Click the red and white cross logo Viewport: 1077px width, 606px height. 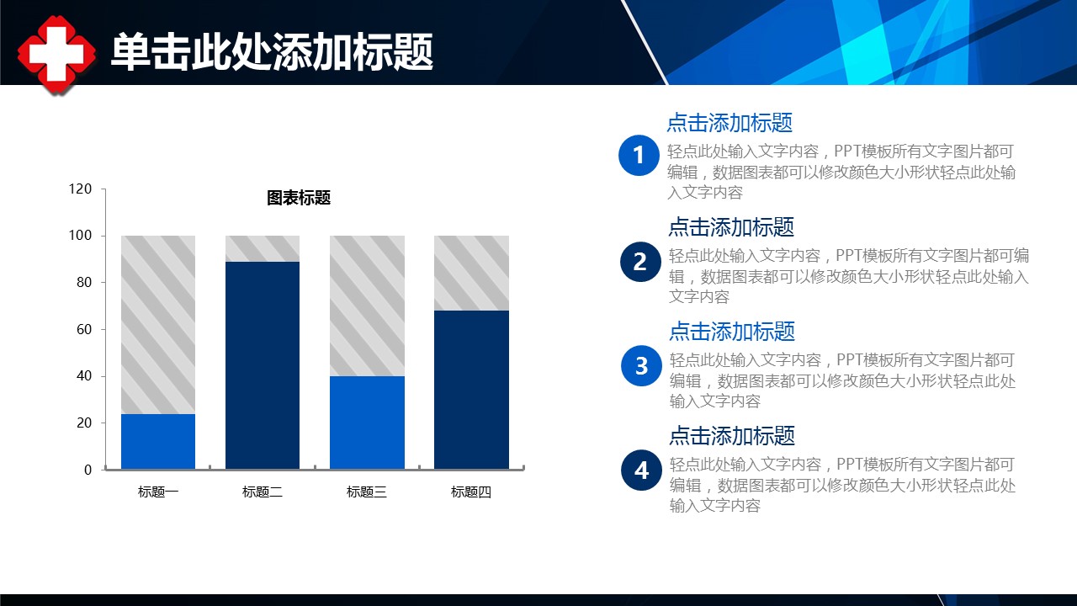tap(56, 54)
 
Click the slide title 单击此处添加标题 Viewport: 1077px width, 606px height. tap(272, 52)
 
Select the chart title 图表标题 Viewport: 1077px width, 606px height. tap(299, 198)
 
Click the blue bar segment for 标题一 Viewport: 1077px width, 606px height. tap(158, 441)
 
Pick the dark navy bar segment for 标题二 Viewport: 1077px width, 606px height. tap(263, 365)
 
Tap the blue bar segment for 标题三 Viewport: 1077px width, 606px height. tap(367, 423)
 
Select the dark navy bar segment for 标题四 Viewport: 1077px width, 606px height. tap(471, 390)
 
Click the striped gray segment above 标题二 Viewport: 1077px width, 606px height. tap(263, 248)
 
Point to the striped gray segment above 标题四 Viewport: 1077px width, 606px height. tap(471, 274)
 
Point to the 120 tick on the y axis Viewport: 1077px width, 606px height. tap(80, 189)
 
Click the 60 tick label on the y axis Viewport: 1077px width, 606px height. tap(83, 329)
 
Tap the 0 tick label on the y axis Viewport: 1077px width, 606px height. tap(88, 470)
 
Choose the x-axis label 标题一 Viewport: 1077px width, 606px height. tap(158, 492)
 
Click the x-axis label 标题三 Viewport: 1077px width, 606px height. tap(367, 492)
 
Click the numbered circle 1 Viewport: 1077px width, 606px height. tap(639, 156)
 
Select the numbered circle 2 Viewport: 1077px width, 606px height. tap(640, 262)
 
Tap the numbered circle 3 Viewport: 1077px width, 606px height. tap(641, 366)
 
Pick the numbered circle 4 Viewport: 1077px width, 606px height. tap(641, 470)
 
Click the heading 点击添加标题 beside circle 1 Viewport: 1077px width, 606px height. tap(729, 123)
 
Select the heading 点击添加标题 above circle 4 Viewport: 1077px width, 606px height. tap(732, 436)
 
